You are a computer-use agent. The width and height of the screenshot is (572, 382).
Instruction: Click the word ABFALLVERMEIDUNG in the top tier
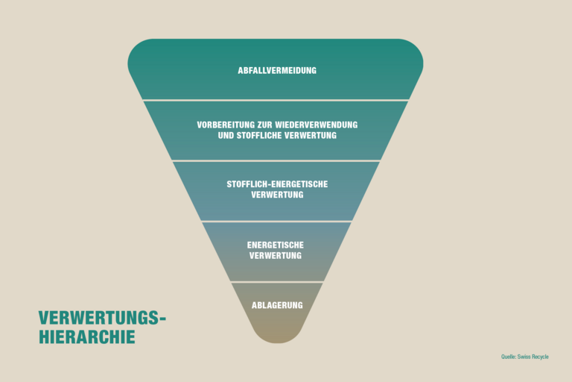point(277,71)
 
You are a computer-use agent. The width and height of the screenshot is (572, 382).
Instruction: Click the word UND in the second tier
point(226,136)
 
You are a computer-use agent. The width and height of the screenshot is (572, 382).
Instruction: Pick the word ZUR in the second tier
point(264,125)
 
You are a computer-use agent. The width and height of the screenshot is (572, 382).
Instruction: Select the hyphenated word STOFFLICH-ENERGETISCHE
point(277,184)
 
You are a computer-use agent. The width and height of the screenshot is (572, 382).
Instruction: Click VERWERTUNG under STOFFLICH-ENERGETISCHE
point(277,195)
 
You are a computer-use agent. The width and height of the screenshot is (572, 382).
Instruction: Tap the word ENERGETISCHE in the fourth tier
point(276,245)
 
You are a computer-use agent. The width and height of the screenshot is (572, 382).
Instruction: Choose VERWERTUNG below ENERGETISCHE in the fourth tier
point(276,255)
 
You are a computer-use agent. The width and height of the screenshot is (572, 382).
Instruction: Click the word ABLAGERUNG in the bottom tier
point(277,305)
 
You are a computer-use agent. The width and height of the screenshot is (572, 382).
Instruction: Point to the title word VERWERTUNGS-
point(102,318)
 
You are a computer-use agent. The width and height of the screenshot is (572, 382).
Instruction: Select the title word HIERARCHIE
point(87,337)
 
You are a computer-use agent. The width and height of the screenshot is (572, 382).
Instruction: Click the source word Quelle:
point(509,357)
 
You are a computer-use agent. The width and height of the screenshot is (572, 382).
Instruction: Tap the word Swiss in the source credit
point(524,357)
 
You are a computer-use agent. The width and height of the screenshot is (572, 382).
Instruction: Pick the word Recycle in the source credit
point(540,357)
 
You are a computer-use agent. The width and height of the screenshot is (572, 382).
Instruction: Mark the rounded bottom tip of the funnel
point(277,342)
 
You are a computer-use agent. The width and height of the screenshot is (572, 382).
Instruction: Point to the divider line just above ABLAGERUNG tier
point(277,282)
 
